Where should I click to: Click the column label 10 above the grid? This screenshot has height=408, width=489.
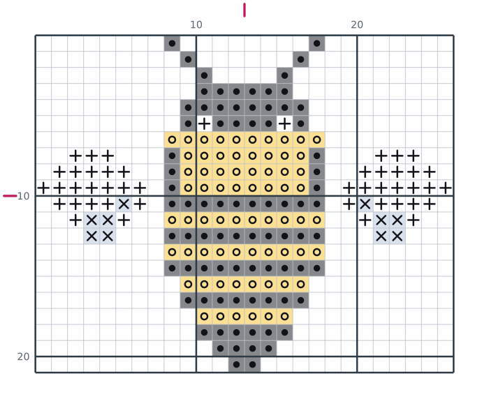[196, 24]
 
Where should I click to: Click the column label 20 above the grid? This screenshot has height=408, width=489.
[357, 24]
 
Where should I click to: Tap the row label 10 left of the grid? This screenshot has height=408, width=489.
[23, 196]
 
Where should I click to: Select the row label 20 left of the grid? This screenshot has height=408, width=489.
[23, 356]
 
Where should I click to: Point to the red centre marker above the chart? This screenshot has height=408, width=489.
[245, 10]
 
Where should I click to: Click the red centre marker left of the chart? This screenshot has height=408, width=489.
[10, 196]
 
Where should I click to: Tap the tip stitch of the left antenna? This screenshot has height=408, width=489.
[172, 43]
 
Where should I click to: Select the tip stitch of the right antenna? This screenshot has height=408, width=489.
[317, 43]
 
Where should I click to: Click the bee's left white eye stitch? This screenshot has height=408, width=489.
[204, 123]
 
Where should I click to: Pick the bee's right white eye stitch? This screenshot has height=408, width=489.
[285, 123]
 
